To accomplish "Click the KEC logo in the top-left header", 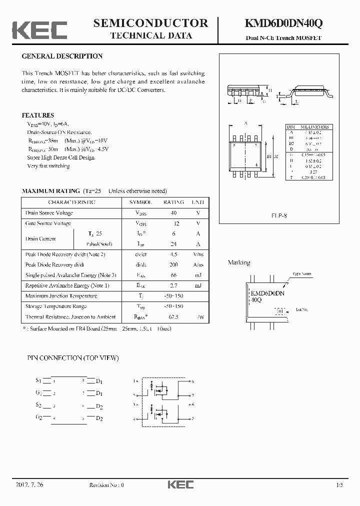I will (39, 29).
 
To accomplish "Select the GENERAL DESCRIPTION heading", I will (62, 56).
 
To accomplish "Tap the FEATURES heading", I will (38, 115).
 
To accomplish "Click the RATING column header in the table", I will (173, 202).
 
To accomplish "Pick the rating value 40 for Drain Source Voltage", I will (173, 213).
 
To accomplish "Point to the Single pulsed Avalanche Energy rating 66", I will (173, 275).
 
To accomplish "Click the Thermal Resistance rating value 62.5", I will (173, 316).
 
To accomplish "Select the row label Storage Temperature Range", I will (56, 306).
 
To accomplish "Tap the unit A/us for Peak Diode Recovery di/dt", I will (198, 264).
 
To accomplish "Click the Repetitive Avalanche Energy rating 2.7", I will (173, 285).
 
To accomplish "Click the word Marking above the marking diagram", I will (239, 262).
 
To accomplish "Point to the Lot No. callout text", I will (302, 310).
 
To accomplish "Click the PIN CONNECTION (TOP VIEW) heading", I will (72, 358).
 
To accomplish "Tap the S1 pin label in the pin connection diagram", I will (38, 380).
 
